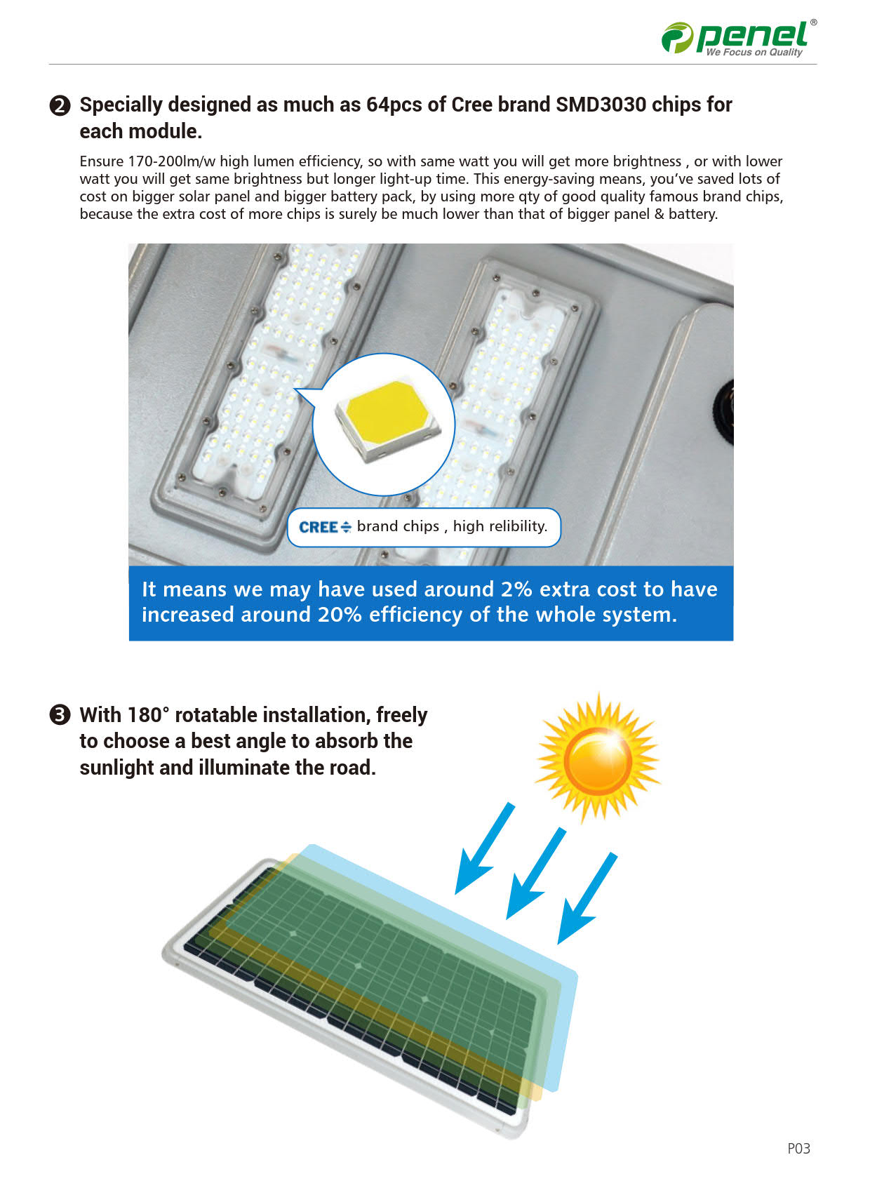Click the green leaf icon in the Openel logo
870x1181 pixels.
[677, 37]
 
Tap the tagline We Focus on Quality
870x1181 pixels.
[754, 52]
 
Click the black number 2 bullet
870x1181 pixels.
[60, 105]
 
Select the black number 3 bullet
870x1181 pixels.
[60, 715]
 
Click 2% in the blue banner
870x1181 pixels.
[516, 589]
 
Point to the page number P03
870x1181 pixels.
[799, 1148]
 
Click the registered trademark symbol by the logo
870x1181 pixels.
[814, 22]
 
